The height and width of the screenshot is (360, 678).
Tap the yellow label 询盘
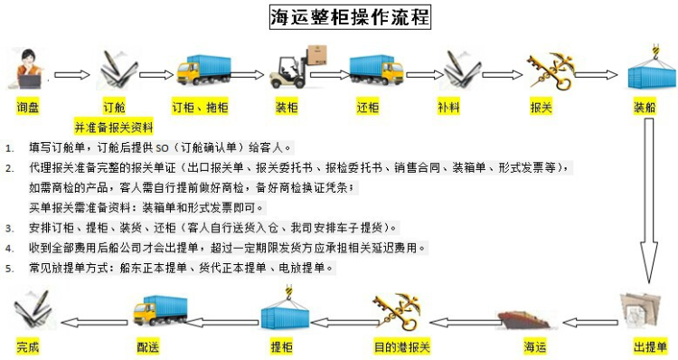pyautogui.click(x=28, y=107)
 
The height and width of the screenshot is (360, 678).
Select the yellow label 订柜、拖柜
pyautogui.click(x=200, y=107)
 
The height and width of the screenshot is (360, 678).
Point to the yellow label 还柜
pyautogui.click(x=367, y=107)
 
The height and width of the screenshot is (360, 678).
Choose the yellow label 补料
pyautogui.click(x=448, y=107)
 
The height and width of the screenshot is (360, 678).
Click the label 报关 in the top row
pyautogui.click(x=541, y=107)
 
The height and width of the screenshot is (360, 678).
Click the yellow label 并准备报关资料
pyautogui.click(x=114, y=125)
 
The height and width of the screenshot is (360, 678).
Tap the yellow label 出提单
pyautogui.click(x=650, y=346)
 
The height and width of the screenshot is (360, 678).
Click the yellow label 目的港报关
pyautogui.click(x=403, y=346)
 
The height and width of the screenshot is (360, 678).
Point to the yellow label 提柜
pyautogui.click(x=281, y=346)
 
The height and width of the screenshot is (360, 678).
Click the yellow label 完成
pyautogui.click(x=28, y=346)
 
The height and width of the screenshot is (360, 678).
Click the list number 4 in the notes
pyautogui.click(x=9, y=248)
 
